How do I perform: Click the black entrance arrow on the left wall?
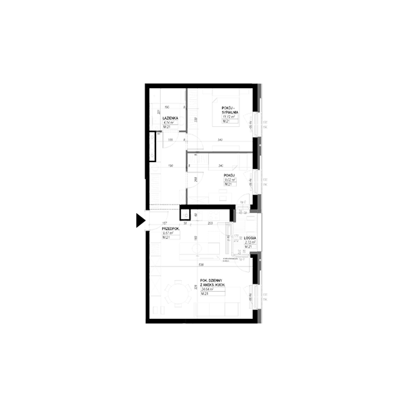click(x=140, y=220)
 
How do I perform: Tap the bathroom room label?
click(x=170, y=121)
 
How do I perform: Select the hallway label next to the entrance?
click(x=169, y=230)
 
